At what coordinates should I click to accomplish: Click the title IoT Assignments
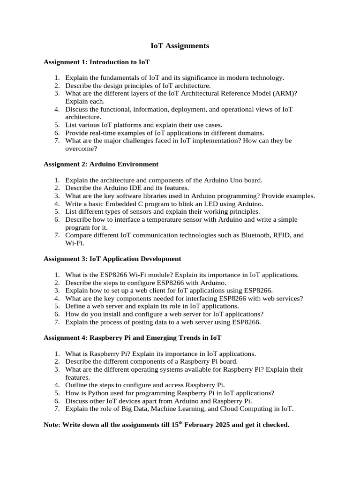(x=180, y=46)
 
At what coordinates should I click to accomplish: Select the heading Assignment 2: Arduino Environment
(x=101, y=165)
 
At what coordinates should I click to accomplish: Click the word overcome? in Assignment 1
(x=81, y=149)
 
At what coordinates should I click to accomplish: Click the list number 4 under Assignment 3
(x=56, y=299)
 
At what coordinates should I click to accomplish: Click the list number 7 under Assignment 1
(x=56, y=141)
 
